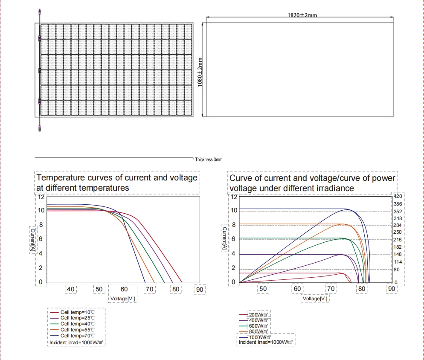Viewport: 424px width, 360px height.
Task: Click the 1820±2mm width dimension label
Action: (302, 15)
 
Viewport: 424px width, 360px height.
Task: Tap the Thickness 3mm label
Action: (209, 160)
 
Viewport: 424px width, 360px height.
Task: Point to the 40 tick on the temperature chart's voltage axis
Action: (71, 289)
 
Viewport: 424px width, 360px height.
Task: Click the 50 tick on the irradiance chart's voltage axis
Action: (263, 289)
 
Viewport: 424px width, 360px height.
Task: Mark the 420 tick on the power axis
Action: (398, 197)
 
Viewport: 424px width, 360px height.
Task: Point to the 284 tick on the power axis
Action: (398, 225)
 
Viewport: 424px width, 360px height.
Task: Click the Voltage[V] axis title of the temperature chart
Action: (122, 299)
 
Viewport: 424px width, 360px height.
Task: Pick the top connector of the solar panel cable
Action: (40, 12)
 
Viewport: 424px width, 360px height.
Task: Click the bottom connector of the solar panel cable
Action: (40, 128)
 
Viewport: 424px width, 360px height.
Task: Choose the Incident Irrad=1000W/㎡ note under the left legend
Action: (76, 342)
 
